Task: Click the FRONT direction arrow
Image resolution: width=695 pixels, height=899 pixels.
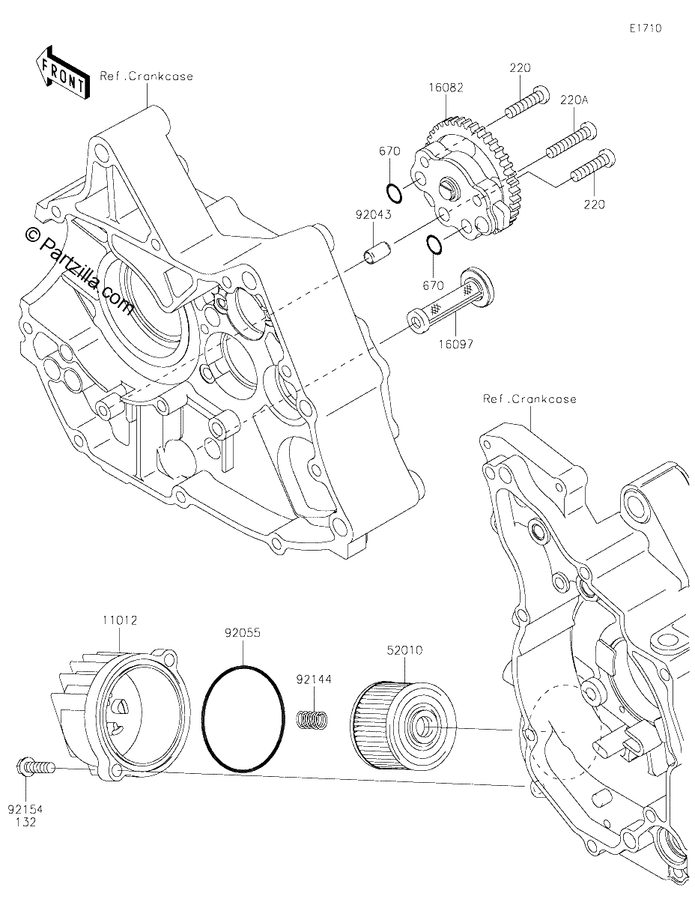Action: click(62, 73)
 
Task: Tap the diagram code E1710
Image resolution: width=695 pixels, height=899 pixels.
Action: click(646, 28)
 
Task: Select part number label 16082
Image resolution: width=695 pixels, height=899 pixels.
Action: click(446, 88)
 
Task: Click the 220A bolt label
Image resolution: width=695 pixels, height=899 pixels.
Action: click(574, 100)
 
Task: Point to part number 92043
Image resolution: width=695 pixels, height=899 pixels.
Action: click(374, 215)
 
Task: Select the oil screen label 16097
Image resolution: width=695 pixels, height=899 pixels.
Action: click(455, 344)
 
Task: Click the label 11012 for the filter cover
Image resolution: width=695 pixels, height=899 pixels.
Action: click(120, 620)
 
